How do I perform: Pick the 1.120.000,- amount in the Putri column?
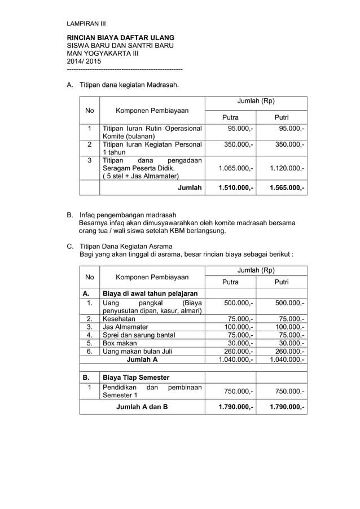pos(287,168)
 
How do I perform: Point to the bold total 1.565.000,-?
pos(287,187)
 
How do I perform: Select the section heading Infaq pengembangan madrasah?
pos(128,215)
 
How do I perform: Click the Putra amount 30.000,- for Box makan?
pos(240,343)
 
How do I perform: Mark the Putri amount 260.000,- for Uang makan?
pos(289,351)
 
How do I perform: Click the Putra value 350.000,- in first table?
pos(238,144)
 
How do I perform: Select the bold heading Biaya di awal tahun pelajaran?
pos(150,293)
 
